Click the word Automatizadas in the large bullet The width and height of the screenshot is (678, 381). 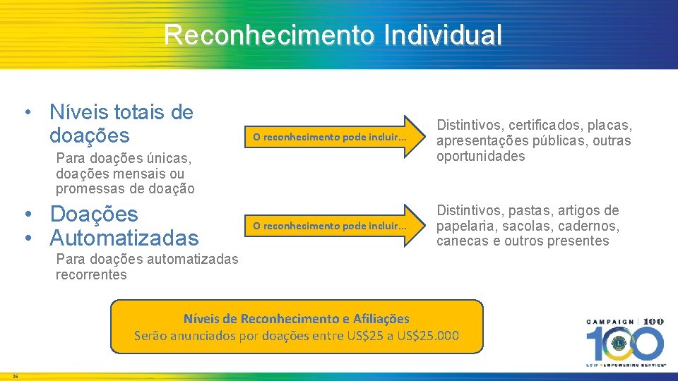point(124,237)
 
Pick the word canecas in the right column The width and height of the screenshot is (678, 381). point(461,241)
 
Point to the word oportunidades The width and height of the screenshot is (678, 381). point(481,157)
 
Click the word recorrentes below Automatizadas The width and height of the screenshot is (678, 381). point(91,275)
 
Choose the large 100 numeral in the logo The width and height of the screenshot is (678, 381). point(624,344)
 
